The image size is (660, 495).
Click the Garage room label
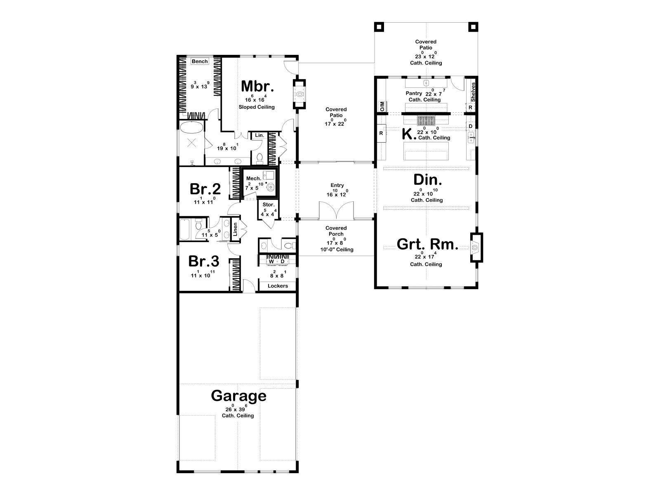[238, 396]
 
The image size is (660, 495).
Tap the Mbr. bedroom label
[257, 86]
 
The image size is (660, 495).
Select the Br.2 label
[205, 189]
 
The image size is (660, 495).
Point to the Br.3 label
[203, 261]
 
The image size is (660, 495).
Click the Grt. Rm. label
[427, 244]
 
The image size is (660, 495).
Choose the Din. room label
[428, 180]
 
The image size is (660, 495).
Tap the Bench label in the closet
[200, 61]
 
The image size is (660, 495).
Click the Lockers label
[278, 286]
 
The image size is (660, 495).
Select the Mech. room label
[253, 179]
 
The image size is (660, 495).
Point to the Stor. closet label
[269, 205]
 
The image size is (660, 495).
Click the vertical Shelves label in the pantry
[473, 92]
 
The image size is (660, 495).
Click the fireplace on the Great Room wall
[476, 247]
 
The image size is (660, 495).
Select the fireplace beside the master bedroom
[299, 94]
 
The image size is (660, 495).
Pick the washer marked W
[271, 262]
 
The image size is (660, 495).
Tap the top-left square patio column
[379, 27]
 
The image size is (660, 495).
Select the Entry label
[337, 186]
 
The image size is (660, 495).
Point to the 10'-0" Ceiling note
[337, 250]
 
